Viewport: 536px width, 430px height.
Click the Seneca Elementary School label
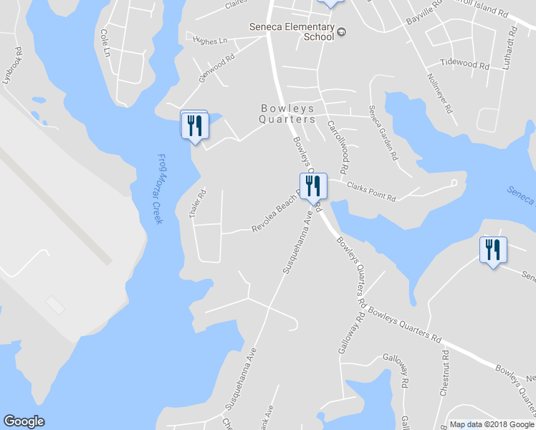point(292,32)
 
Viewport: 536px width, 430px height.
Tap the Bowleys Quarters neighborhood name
point(287,114)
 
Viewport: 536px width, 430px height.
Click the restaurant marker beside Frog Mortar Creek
point(194,125)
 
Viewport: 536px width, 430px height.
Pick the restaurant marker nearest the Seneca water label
point(492,250)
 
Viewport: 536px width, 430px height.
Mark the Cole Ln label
point(105,43)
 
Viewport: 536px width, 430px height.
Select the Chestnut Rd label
point(444,371)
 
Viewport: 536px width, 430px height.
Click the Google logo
point(24,421)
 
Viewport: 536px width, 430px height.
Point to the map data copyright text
point(491,424)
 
